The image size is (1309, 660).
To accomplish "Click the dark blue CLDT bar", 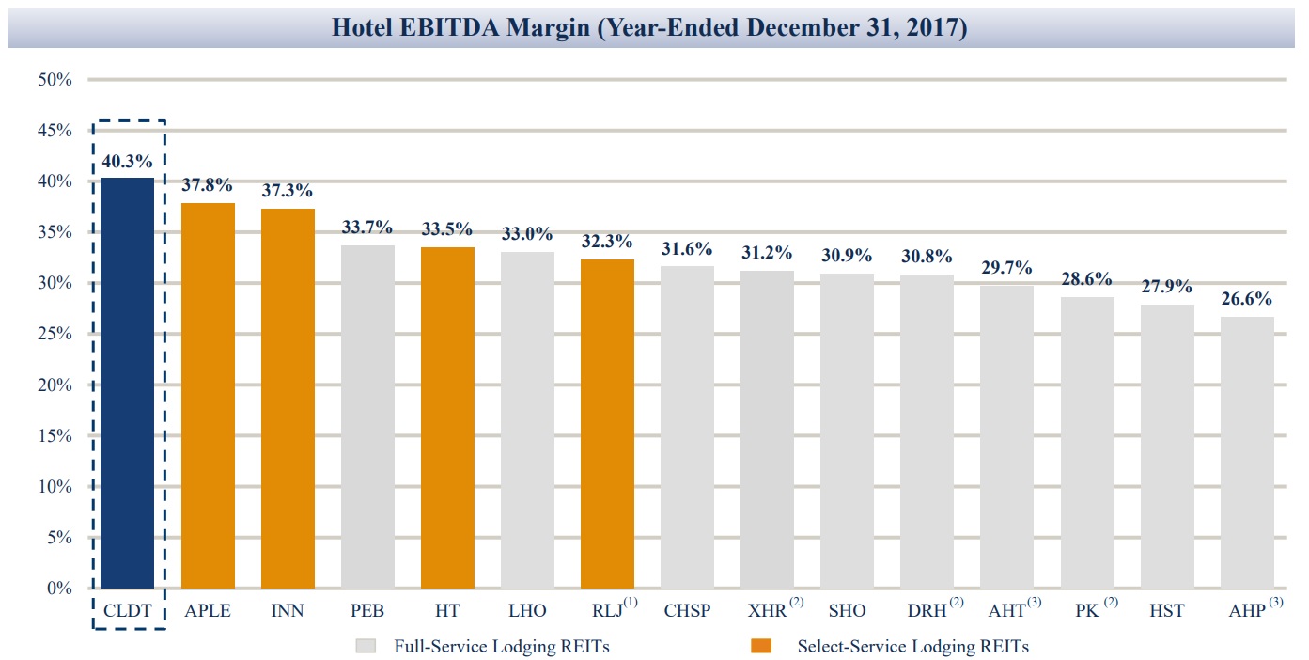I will point(127,383).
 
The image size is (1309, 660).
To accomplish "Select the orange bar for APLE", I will point(208,395).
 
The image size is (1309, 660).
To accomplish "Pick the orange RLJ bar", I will point(607,423).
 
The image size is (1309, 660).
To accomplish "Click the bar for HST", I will point(1167,446).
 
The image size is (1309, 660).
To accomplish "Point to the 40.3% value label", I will point(127,162).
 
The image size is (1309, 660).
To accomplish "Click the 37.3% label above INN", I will point(288,192).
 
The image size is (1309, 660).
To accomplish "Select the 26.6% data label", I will point(1247,300).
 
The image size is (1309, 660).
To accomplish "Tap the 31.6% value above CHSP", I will point(687,249).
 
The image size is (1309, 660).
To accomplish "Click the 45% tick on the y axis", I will point(55,130).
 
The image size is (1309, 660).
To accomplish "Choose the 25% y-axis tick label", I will point(55,334).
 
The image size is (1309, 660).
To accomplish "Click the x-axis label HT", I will point(447,611).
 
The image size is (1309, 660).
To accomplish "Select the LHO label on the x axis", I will point(527,611).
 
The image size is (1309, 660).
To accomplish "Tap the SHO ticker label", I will point(847,611).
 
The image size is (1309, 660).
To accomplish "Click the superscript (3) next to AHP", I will point(1275,603).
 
